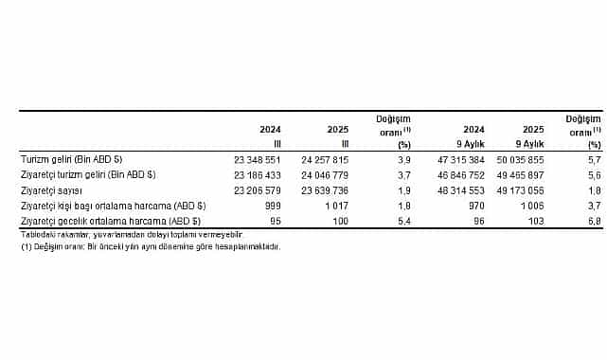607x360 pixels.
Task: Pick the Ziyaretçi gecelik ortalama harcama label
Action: point(113,220)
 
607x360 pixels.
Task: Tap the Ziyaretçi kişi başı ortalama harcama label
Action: point(114,205)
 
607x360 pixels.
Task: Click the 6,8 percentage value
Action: point(595,220)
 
